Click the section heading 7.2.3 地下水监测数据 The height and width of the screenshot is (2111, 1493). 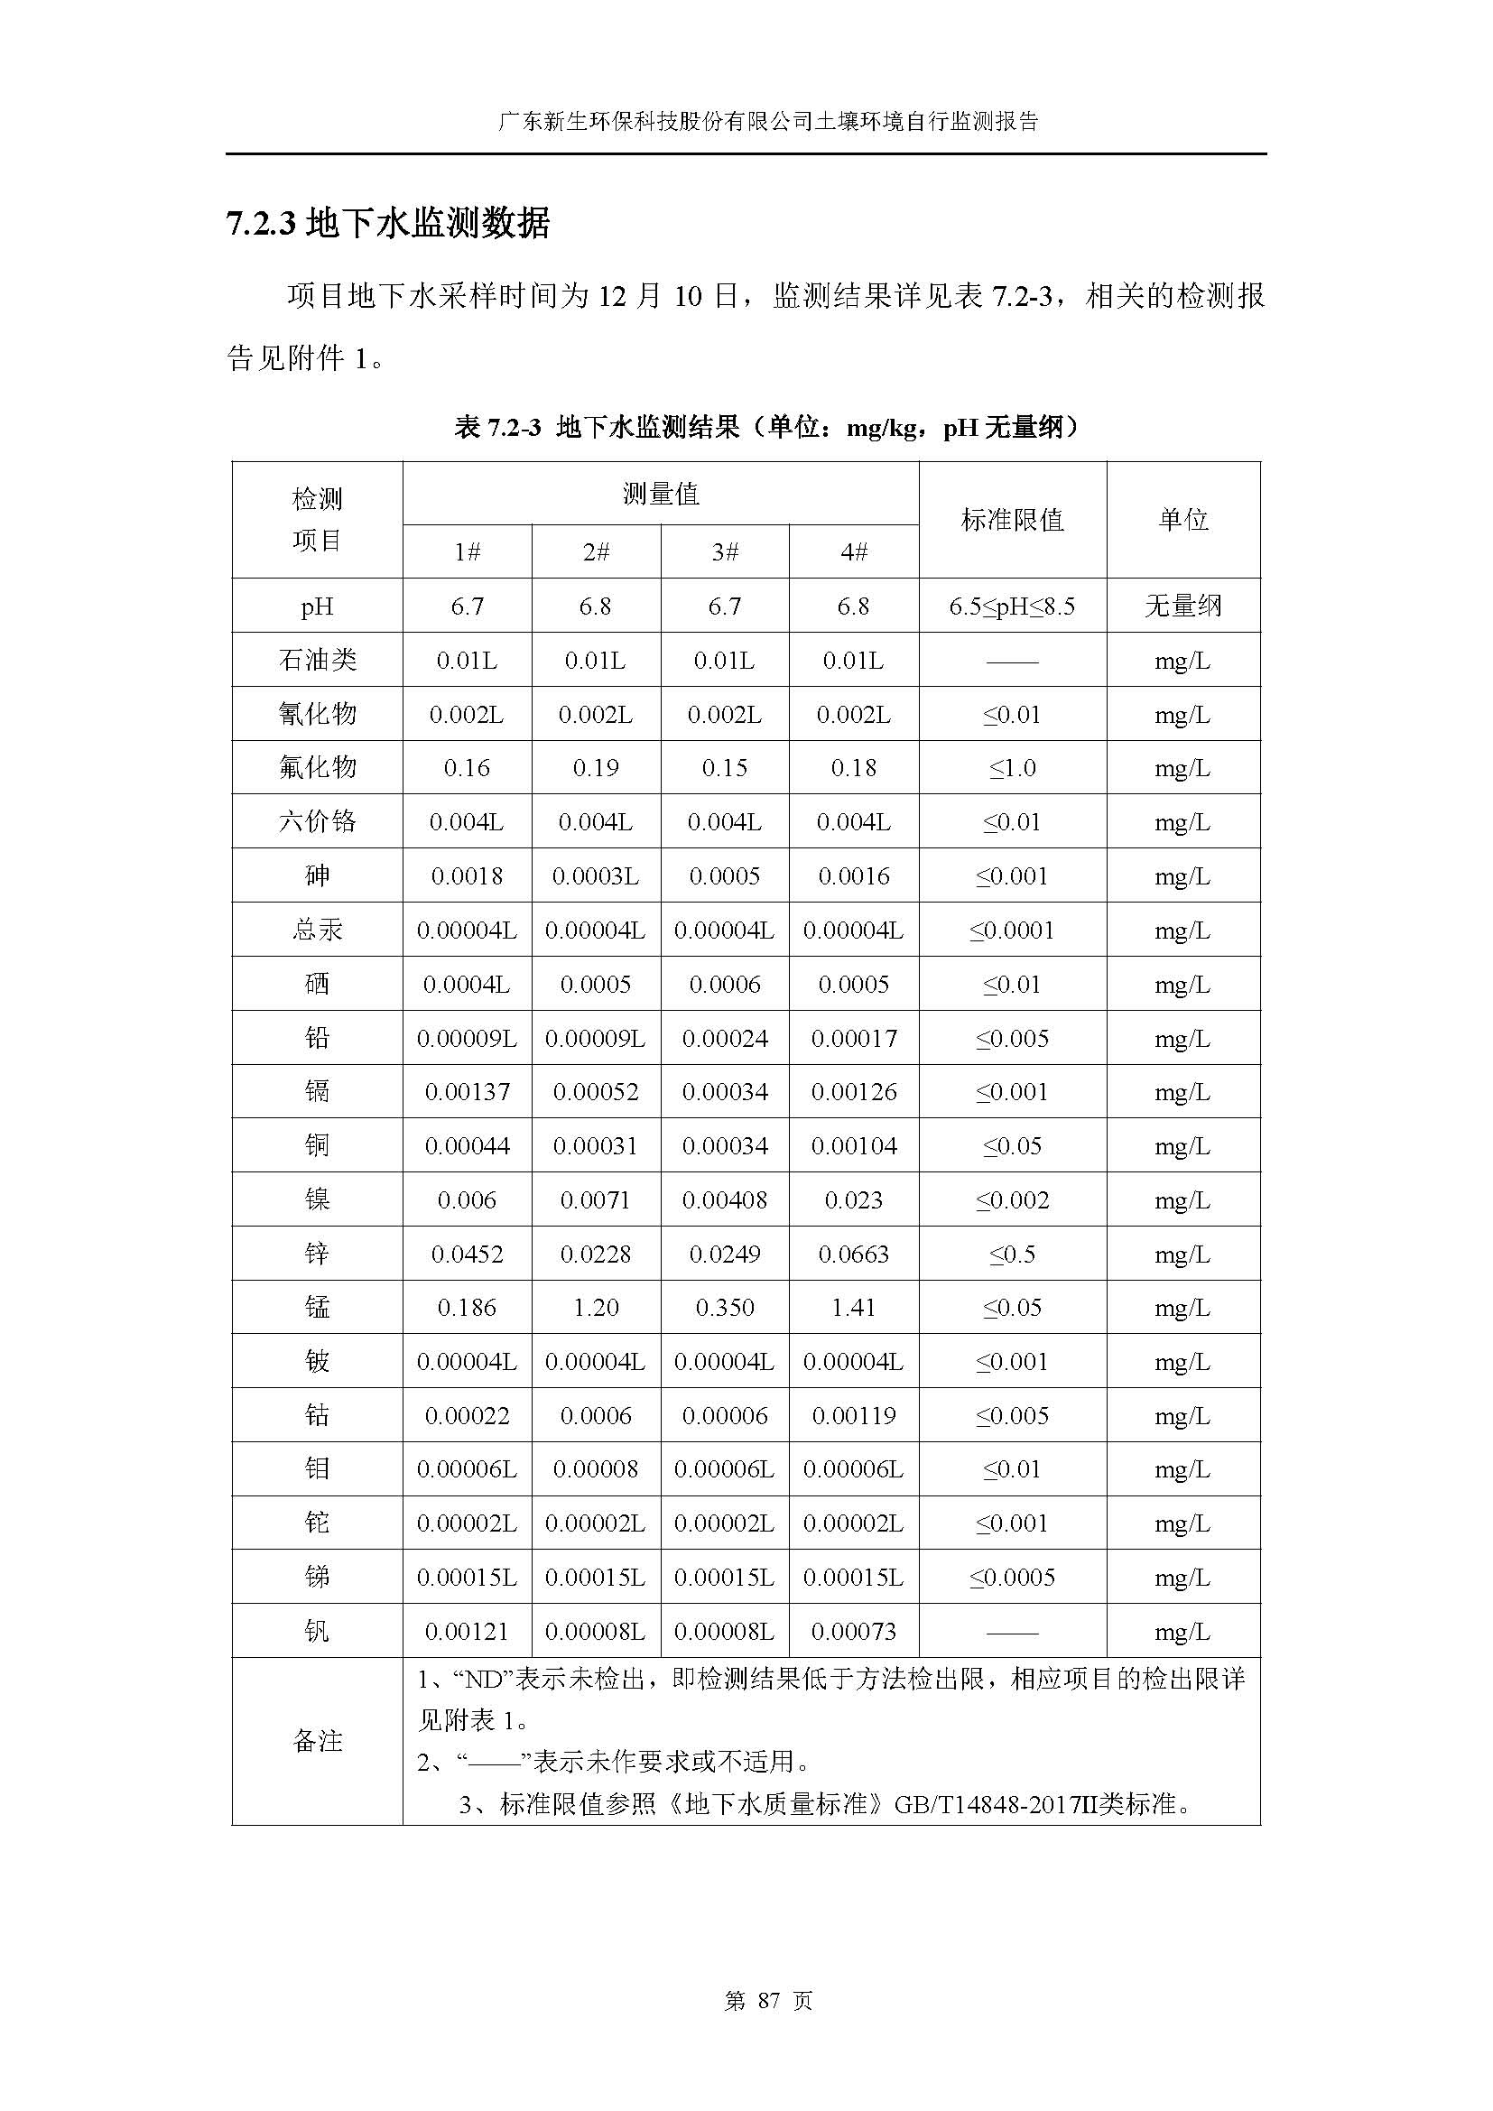388,224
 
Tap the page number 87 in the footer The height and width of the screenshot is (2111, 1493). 768,2000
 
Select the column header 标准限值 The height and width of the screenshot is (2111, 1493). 1012,520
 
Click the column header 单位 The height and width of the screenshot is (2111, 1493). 1183,520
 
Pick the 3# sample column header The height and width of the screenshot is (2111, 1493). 725,551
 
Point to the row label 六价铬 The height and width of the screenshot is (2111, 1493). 317,821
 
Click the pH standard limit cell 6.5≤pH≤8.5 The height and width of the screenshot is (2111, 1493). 1012,606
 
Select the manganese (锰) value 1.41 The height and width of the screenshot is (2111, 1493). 853,1307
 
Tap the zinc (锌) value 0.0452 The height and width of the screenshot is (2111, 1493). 467,1254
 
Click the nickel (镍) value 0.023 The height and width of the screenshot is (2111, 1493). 853,1199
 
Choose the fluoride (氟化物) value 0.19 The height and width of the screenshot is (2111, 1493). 596,768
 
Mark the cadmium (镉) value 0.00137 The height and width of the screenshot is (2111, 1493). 467,1091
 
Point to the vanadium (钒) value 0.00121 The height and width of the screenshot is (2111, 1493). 467,1631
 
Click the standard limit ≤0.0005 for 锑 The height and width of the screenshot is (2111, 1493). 1012,1577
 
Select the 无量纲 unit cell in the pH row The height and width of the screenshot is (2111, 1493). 1183,606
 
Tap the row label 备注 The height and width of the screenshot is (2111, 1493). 317,1740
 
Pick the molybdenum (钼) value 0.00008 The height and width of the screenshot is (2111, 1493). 596,1469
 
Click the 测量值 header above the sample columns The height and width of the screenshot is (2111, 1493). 660,495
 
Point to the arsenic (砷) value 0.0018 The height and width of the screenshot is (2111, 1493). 467,875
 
